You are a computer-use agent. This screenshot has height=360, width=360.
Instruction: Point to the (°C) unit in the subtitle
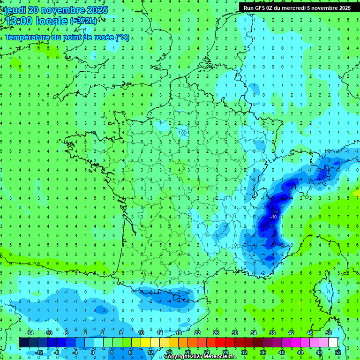click(x=122, y=37)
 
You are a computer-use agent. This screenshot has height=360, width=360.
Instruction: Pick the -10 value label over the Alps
click(x=274, y=217)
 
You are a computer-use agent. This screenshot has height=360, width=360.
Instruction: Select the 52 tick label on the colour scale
click(x=337, y=352)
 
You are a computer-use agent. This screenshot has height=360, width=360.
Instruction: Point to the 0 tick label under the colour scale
click(x=93, y=352)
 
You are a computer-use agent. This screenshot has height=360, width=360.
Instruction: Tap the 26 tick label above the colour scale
click(x=216, y=333)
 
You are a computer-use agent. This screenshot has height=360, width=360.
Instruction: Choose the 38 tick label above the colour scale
click(x=272, y=333)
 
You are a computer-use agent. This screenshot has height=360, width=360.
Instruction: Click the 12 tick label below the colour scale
click(x=150, y=352)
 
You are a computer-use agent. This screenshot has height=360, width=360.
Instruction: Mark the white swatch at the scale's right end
click(x=333, y=342)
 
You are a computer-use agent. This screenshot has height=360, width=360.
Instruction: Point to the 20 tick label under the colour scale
click(x=187, y=352)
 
